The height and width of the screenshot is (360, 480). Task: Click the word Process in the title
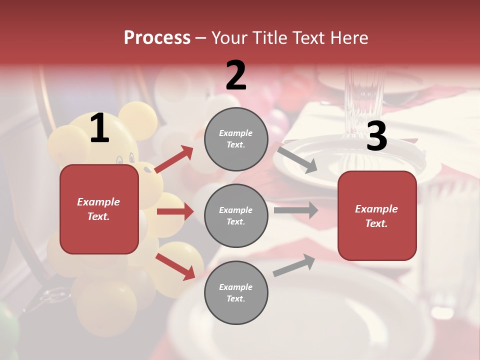click(x=157, y=38)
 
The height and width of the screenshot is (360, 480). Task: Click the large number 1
click(x=99, y=129)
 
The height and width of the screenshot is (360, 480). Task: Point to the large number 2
click(x=236, y=76)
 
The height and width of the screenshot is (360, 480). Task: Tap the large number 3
click(x=376, y=136)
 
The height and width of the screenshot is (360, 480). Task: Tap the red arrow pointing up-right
click(x=174, y=159)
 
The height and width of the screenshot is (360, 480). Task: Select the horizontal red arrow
click(x=175, y=211)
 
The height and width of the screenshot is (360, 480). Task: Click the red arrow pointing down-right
click(x=175, y=266)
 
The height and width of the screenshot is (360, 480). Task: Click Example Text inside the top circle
click(x=236, y=139)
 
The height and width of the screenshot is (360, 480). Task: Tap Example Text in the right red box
click(x=376, y=216)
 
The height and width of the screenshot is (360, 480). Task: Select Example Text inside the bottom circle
click(x=236, y=293)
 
